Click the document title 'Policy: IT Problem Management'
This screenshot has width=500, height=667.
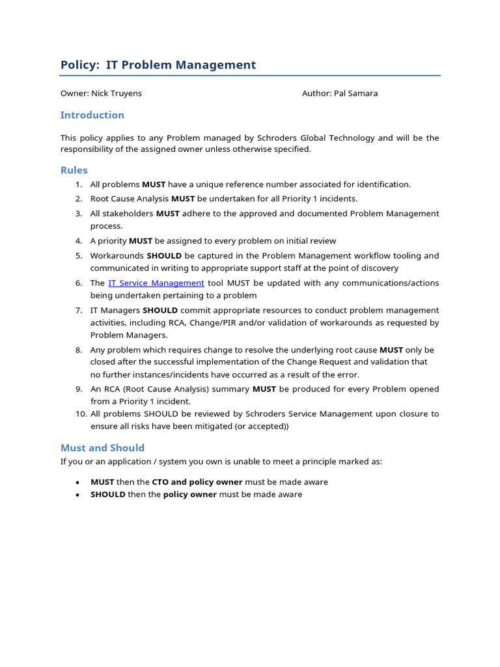point(158,65)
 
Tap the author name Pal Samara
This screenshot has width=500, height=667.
point(355,93)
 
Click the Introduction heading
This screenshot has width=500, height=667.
point(92,115)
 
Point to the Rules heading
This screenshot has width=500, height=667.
point(74,170)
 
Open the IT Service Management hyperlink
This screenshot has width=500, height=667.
point(156,283)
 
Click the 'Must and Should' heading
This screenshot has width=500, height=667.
point(102,447)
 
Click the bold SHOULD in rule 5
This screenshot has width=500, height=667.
point(164,255)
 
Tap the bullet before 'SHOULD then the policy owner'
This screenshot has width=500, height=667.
point(77,495)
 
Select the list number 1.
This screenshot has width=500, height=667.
point(78,184)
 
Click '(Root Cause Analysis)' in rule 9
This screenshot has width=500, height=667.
point(154,389)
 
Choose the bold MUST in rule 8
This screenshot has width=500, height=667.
point(391,350)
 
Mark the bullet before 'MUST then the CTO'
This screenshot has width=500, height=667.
point(77,483)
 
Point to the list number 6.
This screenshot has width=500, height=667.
point(78,283)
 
